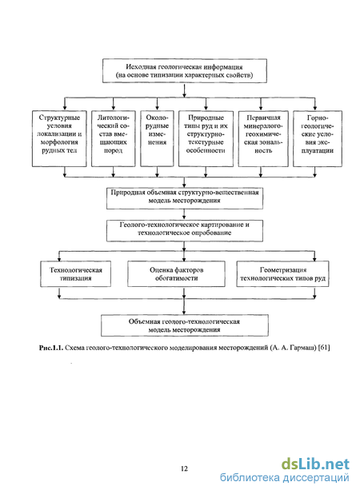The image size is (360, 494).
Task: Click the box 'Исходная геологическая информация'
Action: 185,71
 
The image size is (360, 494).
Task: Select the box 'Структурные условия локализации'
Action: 59,138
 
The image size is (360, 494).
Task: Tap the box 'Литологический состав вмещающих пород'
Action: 113,138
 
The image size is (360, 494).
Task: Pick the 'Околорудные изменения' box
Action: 157,138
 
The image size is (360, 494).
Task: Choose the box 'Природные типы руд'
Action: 206,138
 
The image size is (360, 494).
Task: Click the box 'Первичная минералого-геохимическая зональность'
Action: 263,138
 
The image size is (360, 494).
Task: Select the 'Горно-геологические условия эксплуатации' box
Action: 318,138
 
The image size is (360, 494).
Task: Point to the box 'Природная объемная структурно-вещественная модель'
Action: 185,198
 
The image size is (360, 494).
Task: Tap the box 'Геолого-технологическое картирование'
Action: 185,231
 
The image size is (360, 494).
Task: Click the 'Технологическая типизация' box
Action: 76,274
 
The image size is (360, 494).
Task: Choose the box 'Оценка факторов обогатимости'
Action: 176,274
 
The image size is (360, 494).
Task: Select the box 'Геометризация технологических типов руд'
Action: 282,274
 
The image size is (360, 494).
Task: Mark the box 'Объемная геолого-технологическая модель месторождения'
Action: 185,325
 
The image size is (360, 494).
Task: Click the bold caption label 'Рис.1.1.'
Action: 51,348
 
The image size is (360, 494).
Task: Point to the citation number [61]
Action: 324,348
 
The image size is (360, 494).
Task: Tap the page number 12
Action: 185,468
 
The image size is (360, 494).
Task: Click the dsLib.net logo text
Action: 315,464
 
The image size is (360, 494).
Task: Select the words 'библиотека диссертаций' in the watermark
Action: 285,478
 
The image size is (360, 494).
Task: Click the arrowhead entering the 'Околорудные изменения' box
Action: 158,108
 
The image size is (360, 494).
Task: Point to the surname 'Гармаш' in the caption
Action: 303,348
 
